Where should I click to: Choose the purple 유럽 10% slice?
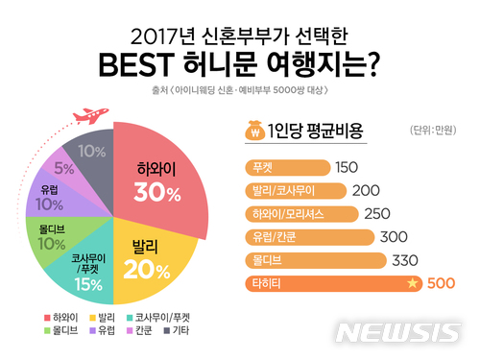47,197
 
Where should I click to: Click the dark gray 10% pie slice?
91,152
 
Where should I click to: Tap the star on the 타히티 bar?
412,284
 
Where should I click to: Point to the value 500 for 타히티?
441,284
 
